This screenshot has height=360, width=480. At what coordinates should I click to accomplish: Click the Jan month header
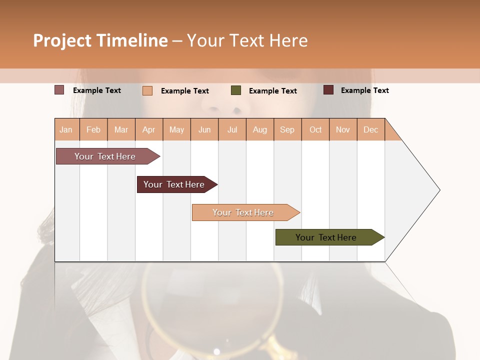coord(66,129)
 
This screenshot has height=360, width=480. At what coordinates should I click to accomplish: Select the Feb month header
coord(93,129)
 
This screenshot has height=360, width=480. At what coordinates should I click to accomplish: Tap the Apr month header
coord(148,129)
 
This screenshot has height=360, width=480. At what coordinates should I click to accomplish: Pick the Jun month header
coord(204,129)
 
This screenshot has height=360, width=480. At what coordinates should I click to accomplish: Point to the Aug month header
coord(259,129)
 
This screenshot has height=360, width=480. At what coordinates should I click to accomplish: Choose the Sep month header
coord(287,129)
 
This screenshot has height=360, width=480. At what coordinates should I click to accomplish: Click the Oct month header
coord(315,129)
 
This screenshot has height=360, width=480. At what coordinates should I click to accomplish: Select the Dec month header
coord(370,129)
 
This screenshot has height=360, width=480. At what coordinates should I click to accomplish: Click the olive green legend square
coord(236,90)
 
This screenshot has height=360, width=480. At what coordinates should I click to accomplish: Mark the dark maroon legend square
coord(328,90)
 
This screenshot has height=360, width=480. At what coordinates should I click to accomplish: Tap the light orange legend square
coord(147,90)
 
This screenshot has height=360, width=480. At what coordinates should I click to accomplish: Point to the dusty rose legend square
coord(59,90)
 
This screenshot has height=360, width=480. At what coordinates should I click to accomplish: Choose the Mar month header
coord(121,129)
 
